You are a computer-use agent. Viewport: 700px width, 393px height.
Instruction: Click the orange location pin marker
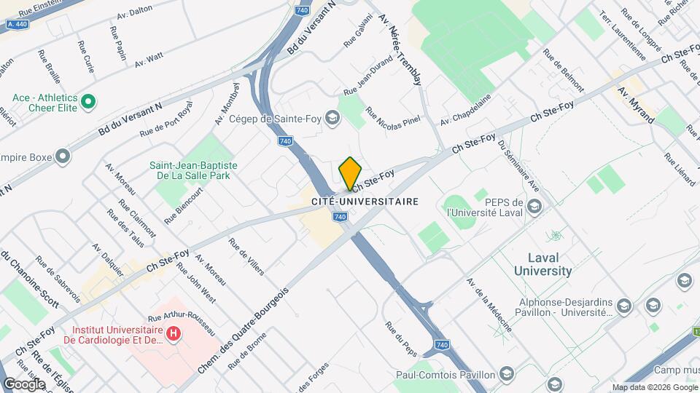351,172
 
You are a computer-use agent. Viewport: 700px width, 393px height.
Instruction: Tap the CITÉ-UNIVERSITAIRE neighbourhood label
365,201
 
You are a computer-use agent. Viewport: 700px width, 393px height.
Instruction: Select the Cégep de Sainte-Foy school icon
332,118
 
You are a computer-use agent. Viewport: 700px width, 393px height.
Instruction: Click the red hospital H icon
174,334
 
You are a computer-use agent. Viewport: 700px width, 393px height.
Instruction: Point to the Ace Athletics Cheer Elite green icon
89,101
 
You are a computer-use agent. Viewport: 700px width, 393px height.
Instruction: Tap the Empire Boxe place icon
63,155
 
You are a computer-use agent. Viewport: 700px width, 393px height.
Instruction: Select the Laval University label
542,264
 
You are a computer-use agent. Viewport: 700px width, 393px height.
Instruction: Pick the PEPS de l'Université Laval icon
534,207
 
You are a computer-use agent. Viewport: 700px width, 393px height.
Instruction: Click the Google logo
24,384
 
